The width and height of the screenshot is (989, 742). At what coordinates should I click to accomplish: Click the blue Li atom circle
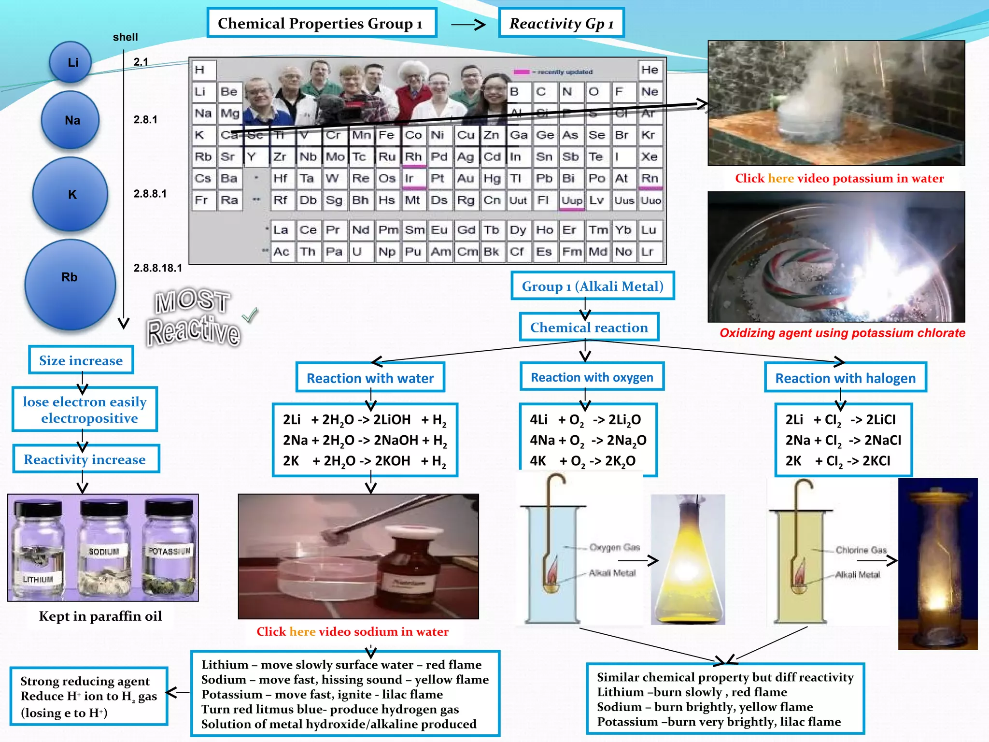coord(71,62)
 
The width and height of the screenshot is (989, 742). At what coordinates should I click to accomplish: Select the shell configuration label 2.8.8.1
coord(150,194)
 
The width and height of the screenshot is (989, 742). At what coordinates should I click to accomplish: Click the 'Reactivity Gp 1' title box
coord(561,23)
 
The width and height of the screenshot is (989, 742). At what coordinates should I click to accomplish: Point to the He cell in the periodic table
coord(650,70)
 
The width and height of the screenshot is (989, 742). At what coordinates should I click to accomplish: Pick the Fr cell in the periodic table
coord(202,200)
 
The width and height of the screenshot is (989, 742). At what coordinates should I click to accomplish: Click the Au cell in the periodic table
coord(466,179)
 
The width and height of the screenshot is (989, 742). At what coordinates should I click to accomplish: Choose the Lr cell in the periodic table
coord(648,252)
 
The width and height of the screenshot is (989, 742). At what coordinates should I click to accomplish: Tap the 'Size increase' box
coord(81,360)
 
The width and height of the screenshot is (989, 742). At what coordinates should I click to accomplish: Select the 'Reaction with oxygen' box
coord(592,377)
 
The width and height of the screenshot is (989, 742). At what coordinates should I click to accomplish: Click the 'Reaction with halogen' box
coord(845,378)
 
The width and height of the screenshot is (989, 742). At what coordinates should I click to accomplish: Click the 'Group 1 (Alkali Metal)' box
coord(592,286)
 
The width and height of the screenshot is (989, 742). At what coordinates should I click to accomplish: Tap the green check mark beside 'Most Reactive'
coord(250,315)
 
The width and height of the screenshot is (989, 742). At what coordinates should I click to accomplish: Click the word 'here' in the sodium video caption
coord(302,631)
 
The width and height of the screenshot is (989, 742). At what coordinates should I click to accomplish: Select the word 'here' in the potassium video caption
coord(780,178)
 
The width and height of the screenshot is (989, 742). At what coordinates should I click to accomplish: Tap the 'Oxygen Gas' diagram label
coord(614,547)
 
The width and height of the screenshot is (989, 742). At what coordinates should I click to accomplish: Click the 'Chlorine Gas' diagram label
coord(861,550)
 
